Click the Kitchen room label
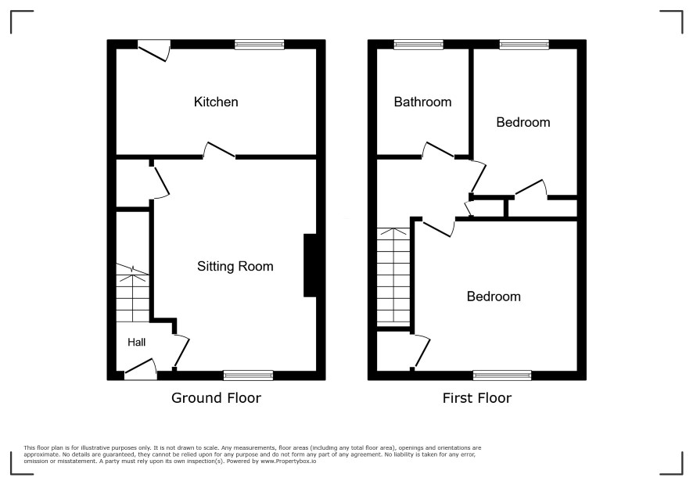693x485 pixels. (x=216, y=102)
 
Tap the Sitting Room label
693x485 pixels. (x=235, y=266)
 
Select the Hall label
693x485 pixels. (x=137, y=342)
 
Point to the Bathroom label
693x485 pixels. (x=422, y=102)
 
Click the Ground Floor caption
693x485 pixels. (x=216, y=398)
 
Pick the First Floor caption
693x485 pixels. (x=477, y=398)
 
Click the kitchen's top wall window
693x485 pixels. (x=260, y=45)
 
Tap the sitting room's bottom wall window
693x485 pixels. (x=249, y=375)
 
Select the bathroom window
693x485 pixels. (x=418, y=45)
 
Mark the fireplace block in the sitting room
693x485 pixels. (x=311, y=265)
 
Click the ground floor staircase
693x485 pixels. (x=133, y=293)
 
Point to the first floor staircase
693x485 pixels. (x=393, y=276)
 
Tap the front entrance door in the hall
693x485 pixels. (x=141, y=369)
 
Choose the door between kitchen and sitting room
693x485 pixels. (x=219, y=150)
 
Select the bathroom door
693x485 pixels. (x=438, y=150)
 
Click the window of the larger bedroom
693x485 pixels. (x=502, y=375)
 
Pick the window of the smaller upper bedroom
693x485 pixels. (x=525, y=45)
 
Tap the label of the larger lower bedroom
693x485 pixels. (x=494, y=296)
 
